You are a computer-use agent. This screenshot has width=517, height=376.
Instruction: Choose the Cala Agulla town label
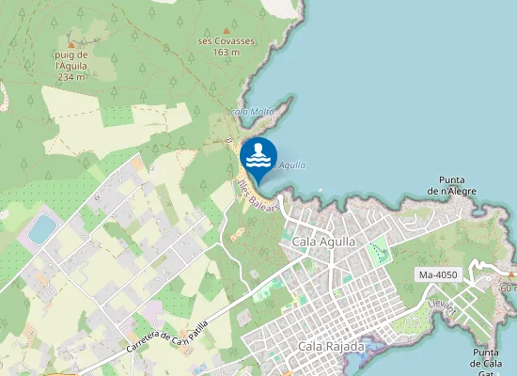pos(324,242)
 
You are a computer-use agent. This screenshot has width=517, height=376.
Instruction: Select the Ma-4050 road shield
pos(437,274)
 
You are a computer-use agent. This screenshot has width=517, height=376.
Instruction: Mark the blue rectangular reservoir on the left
pos(42,228)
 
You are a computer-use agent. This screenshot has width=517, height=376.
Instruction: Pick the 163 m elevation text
pos(227,52)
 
